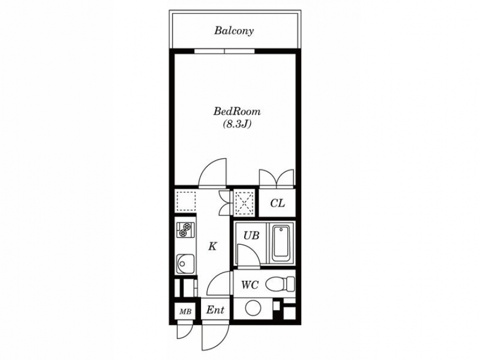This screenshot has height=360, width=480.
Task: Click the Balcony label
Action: tap(234, 31)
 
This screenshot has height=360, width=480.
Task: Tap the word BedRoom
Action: tap(237, 111)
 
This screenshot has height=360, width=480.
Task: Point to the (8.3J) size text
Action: tap(238, 124)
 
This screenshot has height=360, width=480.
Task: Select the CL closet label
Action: tap(277, 203)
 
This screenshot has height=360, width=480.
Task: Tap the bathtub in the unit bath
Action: tap(281, 243)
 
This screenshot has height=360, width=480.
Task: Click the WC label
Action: tap(250, 285)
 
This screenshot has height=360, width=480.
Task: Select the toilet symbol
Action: tap(280, 284)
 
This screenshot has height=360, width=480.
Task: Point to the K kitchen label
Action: tap(213, 246)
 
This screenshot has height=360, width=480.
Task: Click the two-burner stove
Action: tap(185, 230)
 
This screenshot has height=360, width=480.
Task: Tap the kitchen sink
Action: tap(184, 264)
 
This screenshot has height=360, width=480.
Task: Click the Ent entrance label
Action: tap(215, 310)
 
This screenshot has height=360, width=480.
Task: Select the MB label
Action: tap(185, 312)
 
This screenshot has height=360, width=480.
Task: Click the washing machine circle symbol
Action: tap(253, 308)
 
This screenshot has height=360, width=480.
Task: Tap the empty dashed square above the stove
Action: tap(186, 201)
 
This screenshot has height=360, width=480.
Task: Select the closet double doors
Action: tap(277, 178)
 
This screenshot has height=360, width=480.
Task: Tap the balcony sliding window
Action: tap(224, 51)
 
